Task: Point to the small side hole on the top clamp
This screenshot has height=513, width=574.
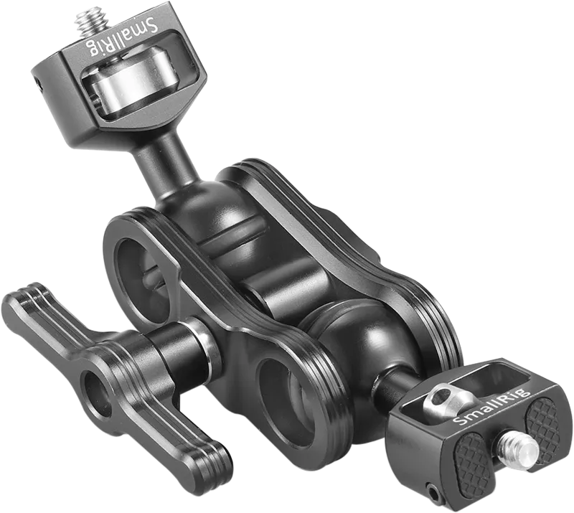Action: (38, 84)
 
